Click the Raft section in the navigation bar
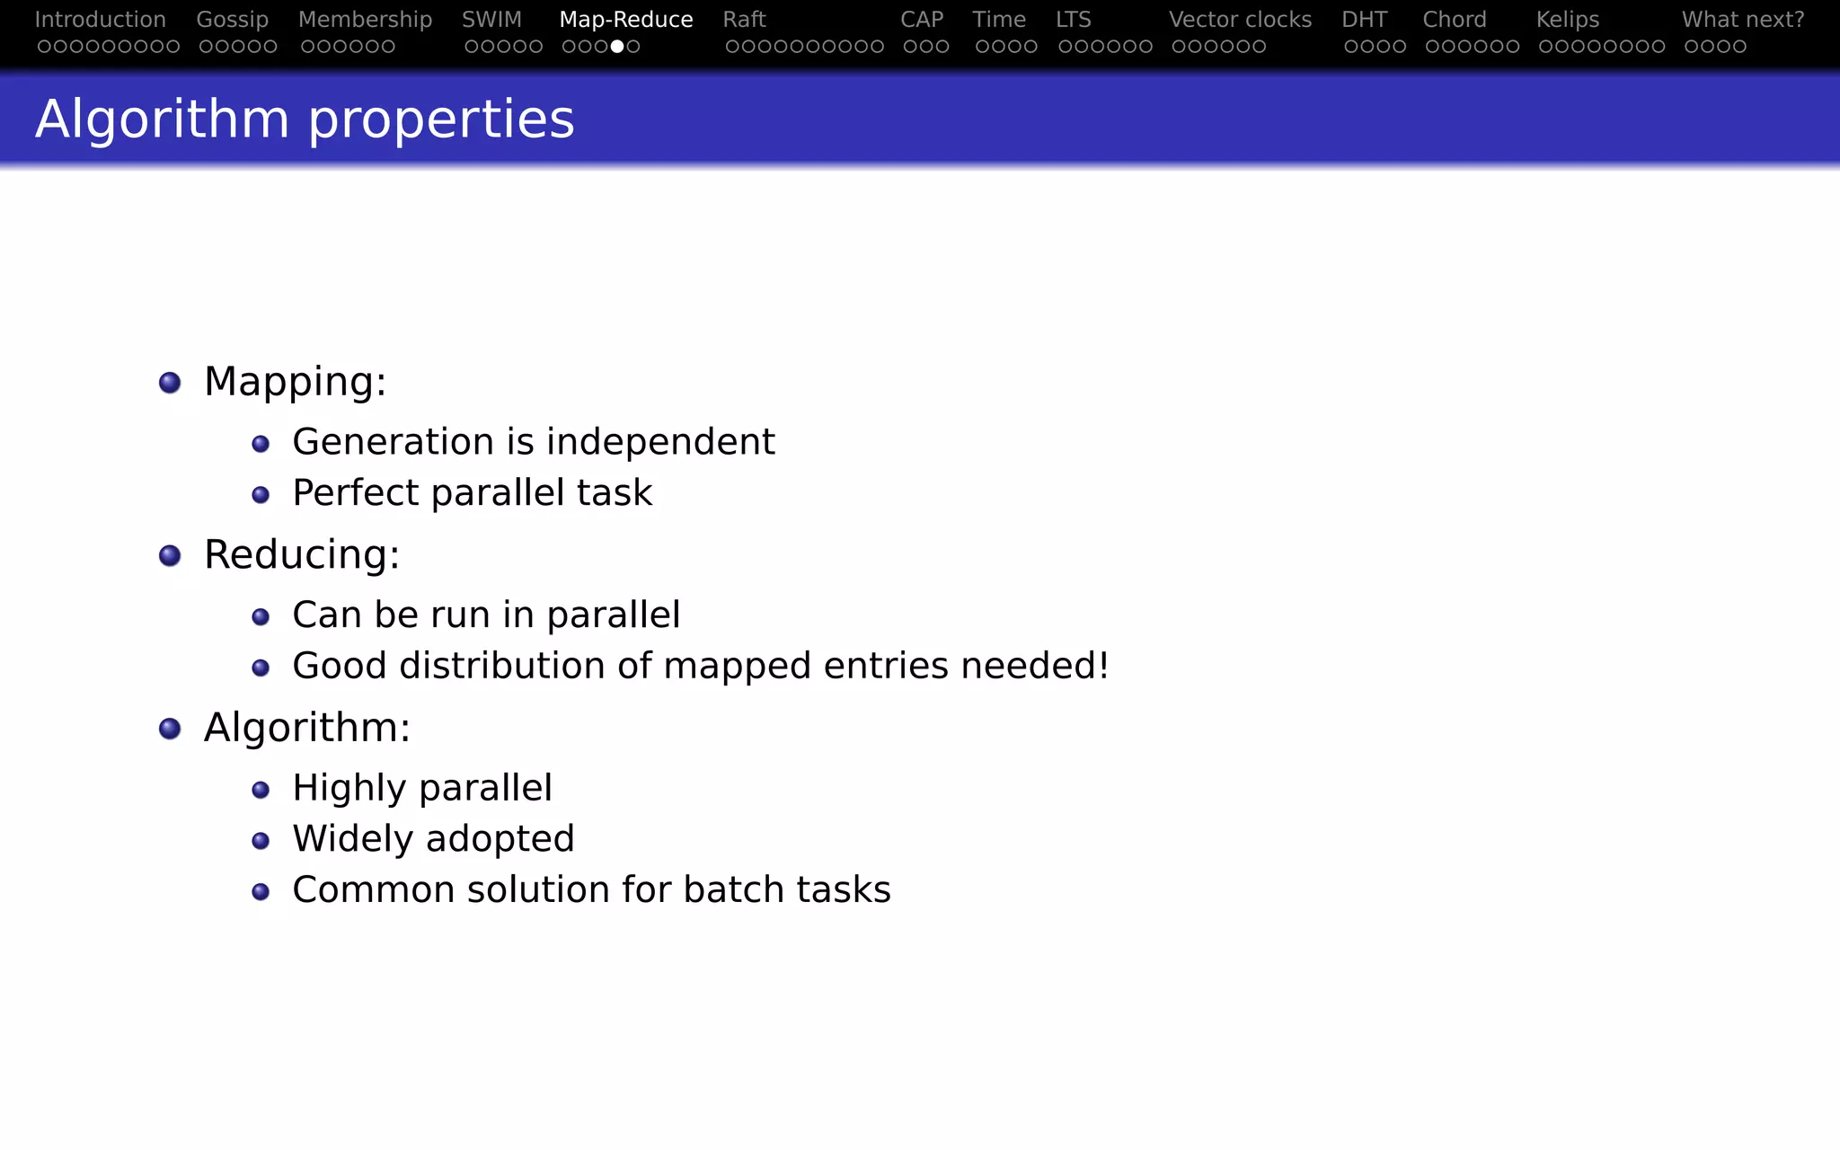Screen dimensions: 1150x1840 pyautogui.click(x=744, y=20)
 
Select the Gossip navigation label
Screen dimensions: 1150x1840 pyautogui.click(x=232, y=20)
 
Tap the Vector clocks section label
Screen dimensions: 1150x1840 pyautogui.click(x=1240, y=20)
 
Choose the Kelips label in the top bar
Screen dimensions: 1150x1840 pyautogui.click(x=1567, y=20)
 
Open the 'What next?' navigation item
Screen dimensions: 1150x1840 pyautogui.click(x=1742, y=20)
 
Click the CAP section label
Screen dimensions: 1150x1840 pyautogui.click(x=921, y=20)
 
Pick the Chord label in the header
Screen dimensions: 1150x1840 pyautogui.click(x=1454, y=20)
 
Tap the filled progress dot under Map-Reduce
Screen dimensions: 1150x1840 pyautogui.click(x=617, y=47)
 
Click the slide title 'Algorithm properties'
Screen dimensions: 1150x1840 pyautogui.click(x=305, y=119)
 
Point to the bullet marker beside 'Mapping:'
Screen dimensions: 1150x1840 pyautogui.click(x=170, y=383)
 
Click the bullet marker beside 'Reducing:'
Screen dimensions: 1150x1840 pyautogui.click(x=170, y=556)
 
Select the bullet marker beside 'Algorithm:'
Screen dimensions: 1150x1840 pyautogui.click(x=170, y=729)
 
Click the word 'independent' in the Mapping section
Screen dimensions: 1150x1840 pyautogui.click(x=660, y=442)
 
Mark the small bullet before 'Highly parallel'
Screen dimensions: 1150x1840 pyautogui.click(x=261, y=790)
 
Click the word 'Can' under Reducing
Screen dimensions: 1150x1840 pyautogui.click(x=327, y=615)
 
